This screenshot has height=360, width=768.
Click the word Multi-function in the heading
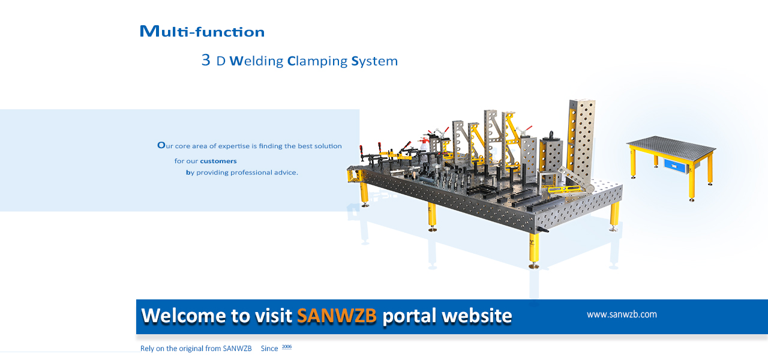click(x=202, y=32)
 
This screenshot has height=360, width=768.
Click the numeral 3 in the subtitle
click(x=206, y=60)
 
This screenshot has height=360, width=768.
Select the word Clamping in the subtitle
click(x=317, y=61)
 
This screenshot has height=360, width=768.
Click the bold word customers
click(x=218, y=161)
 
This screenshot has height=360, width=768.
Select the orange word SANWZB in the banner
click(x=337, y=316)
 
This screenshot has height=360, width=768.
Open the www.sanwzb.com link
click(x=622, y=314)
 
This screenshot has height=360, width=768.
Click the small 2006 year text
click(x=286, y=347)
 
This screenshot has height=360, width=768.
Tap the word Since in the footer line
click(x=269, y=349)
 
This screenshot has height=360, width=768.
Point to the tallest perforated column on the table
click(x=581, y=138)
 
